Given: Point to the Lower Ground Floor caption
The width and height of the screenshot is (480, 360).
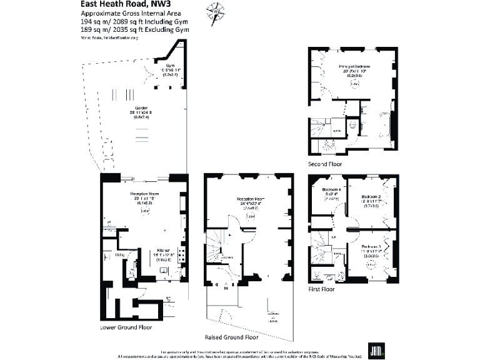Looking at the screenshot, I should (126, 327).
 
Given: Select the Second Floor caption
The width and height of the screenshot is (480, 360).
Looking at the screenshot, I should (324, 164).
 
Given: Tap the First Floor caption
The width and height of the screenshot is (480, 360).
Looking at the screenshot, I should (322, 289).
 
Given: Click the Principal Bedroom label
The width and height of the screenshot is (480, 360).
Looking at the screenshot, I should (355, 66).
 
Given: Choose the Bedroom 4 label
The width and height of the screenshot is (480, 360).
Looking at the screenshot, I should (331, 189).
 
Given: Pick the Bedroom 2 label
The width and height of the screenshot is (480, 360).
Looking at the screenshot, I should (372, 196).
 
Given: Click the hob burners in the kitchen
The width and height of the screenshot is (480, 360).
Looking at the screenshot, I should (182, 254).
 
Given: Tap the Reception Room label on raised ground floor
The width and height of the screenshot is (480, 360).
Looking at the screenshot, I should (250, 199).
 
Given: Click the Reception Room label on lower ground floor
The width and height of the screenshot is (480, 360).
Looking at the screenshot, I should (143, 194).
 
